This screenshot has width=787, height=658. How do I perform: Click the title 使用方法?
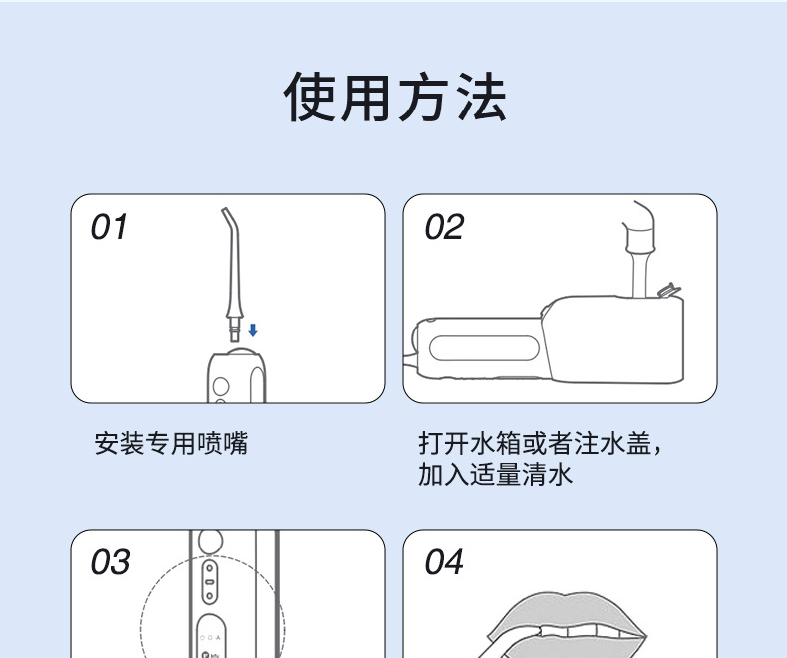(395, 97)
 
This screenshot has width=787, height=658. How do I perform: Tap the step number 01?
(109, 227)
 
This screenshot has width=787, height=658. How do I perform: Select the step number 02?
(444, 227)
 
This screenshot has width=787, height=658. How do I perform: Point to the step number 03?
(110, 561)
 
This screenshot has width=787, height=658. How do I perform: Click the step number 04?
(444, 561)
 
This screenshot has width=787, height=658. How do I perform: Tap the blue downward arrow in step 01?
(253, 330)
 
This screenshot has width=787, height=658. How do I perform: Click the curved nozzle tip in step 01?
(228, 215)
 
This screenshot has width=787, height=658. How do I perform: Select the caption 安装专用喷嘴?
(171, 443)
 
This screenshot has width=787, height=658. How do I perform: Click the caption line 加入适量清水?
(495, 474)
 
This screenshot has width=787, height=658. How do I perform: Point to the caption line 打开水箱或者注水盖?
(535, 443)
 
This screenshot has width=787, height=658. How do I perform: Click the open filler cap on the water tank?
(669, 290)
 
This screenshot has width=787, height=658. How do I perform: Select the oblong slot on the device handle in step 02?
(484, 348)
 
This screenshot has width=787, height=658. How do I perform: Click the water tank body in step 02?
(615, 339)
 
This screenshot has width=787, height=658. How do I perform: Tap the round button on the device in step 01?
(221, 386)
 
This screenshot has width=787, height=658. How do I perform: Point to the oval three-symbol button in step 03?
(211, 636)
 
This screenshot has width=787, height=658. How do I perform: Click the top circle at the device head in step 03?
(211, 541)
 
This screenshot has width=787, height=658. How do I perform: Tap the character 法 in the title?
(482, 97)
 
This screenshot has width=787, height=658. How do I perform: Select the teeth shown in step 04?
(590, 631)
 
